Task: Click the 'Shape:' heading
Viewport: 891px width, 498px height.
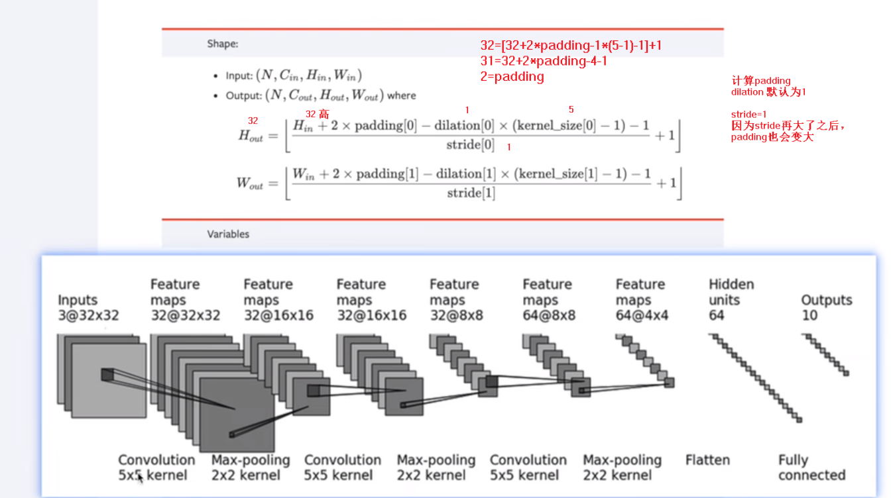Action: point(222,44)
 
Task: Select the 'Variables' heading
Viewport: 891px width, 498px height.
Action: point(228,234)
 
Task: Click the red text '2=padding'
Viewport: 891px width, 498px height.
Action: point(512,76)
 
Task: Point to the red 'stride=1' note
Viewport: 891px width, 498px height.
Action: point(748,115)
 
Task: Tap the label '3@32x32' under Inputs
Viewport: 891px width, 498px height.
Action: point(88,315)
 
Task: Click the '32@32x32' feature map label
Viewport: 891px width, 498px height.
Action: point(185,315)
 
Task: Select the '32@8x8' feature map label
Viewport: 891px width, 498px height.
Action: point(456,315)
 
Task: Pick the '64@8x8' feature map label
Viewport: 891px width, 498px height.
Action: point(549,315)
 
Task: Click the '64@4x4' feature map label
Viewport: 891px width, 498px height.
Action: point(642,315)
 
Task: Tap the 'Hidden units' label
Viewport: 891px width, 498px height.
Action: point(731,292)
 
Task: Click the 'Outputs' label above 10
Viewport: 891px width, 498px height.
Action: point(826,300)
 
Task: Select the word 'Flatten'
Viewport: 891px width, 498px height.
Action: point(707,460)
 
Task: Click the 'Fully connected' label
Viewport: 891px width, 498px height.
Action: point(811,468)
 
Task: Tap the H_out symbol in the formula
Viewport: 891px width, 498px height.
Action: point(251,136)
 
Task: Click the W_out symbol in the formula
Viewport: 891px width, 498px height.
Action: point(250,183)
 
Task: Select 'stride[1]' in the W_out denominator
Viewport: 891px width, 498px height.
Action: point(471,193)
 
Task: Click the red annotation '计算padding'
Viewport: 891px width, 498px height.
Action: point(761,81)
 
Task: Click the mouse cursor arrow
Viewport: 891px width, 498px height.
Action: point(141,477)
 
